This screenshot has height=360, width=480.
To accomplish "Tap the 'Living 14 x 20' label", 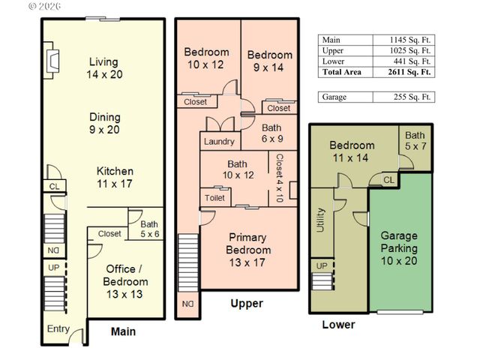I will pyautogui.click(x=105, y=68).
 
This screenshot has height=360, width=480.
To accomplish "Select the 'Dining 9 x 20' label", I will pyautogui.click(x=105, y=124).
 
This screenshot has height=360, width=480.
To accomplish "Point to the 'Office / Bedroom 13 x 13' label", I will pyautogui.click(x=126, y=275).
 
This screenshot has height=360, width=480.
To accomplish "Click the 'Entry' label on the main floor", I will pyautogui.click(x=58, y=329).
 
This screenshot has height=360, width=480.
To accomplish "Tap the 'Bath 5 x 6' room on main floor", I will pyautogui.click(x=148, y=227).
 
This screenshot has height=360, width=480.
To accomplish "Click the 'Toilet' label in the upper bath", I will pyautogui.click(x=214, y=198).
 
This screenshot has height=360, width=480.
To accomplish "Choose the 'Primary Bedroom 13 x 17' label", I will pyautogui.click(x=249, y=250).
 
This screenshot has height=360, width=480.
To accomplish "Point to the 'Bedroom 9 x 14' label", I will pyautogui.click(x=270, y=61).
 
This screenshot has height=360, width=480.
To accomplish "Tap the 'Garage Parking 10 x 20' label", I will pyautogui.click(x=399, y=248).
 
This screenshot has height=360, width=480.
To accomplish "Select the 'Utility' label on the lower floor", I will pyautogui.click(x=320, y=219).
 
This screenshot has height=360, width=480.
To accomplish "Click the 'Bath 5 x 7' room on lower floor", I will pyautogui.click(x=415, y=140).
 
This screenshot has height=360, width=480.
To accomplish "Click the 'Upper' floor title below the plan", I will pyautogui.click(x=246, y=304).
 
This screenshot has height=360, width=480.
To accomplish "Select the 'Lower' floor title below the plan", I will pyautogui.click(x=338, y=325).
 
